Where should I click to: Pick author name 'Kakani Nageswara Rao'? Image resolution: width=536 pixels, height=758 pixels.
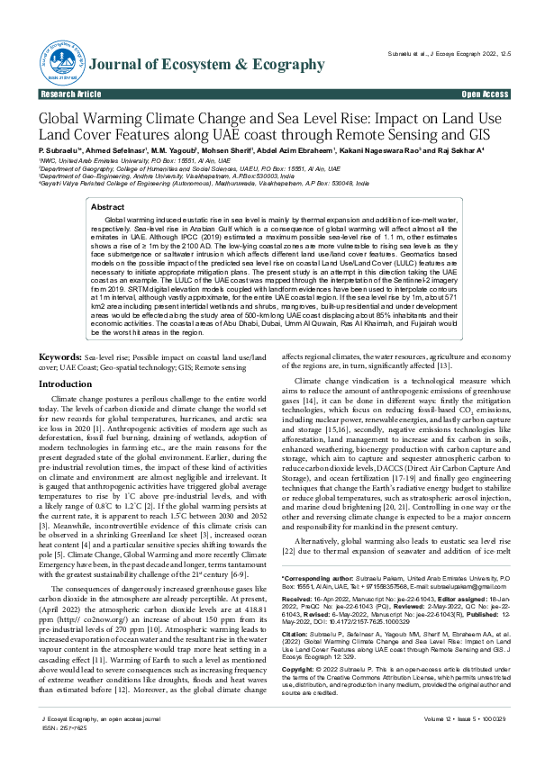point(395,149)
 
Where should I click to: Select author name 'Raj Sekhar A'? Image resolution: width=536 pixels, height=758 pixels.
point(459,149)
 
